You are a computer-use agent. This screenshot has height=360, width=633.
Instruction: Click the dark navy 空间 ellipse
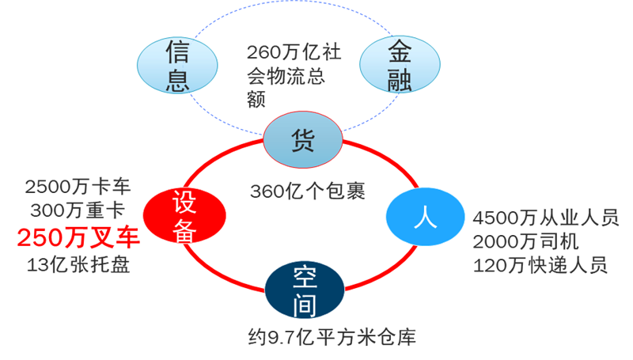[x=304, y=288]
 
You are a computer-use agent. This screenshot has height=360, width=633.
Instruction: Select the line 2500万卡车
[x=78, y=188]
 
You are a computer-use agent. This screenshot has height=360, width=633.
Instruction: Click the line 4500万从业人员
[x=545, y=218]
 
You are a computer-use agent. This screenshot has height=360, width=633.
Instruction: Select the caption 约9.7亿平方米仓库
[x=330, y=338]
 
